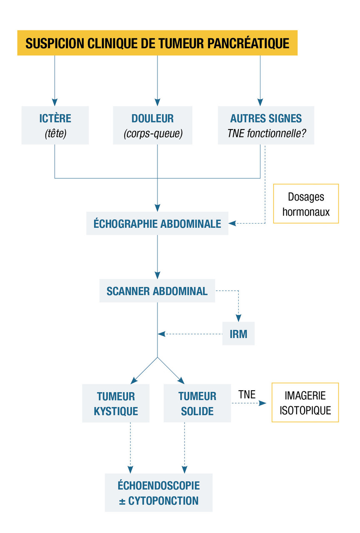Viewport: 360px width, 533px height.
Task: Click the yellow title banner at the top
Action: (x=157, y=43)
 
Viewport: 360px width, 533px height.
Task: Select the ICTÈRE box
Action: (x=55, y=125)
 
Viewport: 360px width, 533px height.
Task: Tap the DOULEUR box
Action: (x=152, y=125)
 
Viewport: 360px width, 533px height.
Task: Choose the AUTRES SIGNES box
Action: (x=266, y=125)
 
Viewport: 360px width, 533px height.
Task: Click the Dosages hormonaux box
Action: (x=306, y=204)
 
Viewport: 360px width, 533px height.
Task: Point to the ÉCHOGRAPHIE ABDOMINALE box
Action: (x=157, y=224)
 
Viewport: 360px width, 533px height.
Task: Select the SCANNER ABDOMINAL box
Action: (x=157, y=291)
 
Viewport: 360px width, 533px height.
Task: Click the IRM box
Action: (x=238, y=334)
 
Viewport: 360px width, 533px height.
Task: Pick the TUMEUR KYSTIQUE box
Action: (x=116, y=403)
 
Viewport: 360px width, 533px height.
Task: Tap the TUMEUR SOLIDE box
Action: (x=197, y=403)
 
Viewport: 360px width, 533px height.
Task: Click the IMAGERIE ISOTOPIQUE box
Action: (x=305, y=403)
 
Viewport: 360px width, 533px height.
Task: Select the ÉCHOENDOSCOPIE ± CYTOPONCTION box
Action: (x=159, y=493)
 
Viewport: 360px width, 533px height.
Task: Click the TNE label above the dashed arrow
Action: (x=247, y=394)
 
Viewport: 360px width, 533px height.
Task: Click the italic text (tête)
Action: (x=55, y=133)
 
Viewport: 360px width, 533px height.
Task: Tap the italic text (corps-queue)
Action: (x=153, y=134)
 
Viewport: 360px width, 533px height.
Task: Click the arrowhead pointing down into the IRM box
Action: (x=238, y=318)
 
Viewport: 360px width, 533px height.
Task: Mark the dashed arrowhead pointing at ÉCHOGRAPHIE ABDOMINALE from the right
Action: (x=232, y=224)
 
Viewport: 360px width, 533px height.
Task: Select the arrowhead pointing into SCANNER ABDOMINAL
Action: (x=157, y=275)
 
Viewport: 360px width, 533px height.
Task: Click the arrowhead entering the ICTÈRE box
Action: (x=55, y=102)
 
